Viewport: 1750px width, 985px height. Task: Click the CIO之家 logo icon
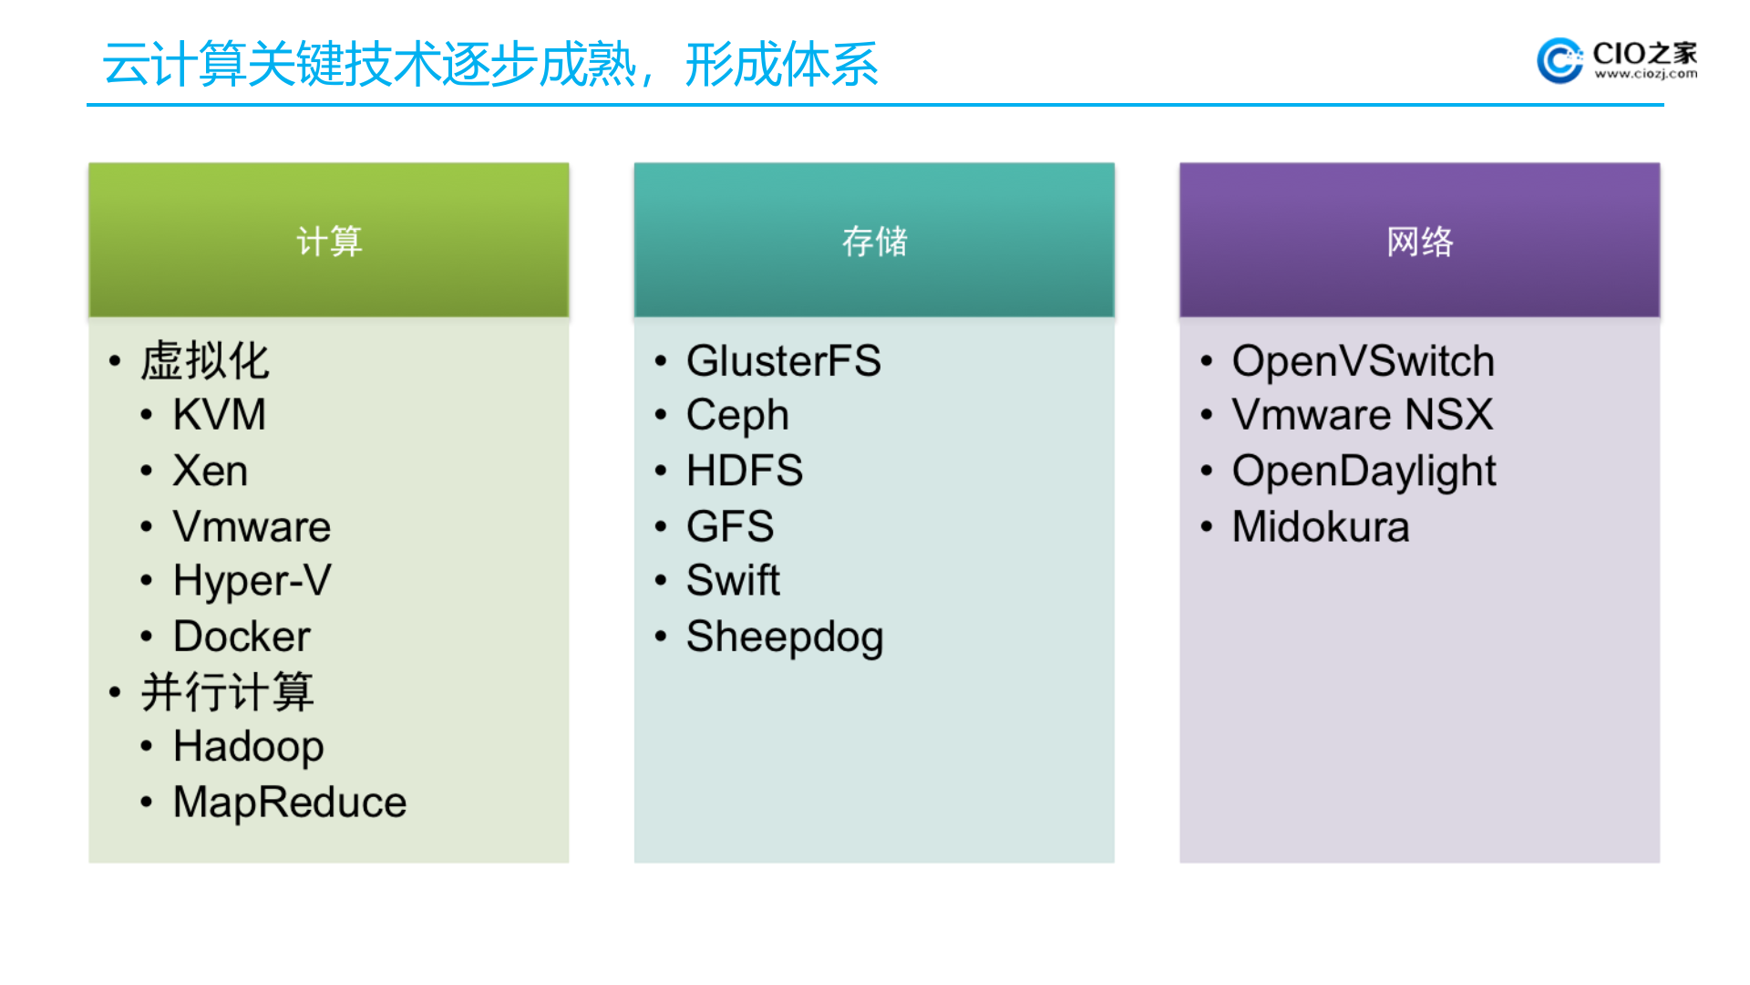tap(1560, 60)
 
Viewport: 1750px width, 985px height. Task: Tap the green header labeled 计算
tap(329, 241)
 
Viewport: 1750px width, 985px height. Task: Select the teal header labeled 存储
tap(874, 241)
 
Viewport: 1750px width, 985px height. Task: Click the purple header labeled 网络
tap(1419, 241)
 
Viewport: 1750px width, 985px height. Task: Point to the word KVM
tap(220, 415)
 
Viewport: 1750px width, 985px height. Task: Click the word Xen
tap(211, 472)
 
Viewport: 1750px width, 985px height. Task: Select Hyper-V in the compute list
tap(252, 581)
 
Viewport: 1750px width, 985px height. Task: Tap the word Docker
tap(242, 637)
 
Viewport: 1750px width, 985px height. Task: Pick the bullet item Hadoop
tap(248, 747)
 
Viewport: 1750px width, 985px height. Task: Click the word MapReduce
tap(290, 803)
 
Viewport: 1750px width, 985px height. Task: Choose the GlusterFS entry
tap(783, 361)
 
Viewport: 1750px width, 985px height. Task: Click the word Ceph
tap(737, 416)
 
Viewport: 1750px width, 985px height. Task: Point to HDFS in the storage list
tap(745, 472)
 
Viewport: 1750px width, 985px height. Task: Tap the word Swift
tap(733, 581)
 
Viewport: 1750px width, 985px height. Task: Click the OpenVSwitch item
tap(1363, 361)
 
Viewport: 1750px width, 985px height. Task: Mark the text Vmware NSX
tap(1363, 415)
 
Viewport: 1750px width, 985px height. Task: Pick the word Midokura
tap(1321, 527)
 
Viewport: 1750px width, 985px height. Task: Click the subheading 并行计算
tap(228, 692)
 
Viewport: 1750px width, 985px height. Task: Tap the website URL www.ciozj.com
tap(1645, 75)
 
